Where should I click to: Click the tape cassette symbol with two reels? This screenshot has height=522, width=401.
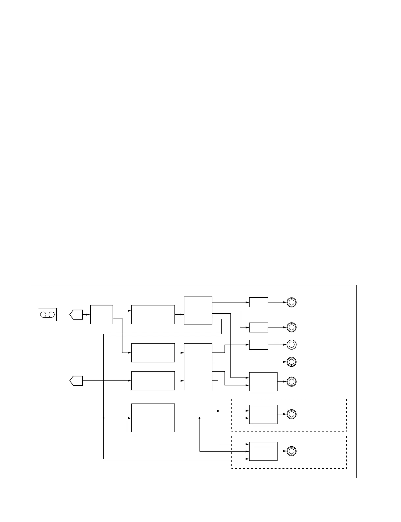[x=47, y=315]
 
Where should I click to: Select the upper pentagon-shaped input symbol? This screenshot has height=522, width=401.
[x=76, y=315]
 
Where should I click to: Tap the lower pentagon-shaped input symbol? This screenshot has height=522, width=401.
[x=76, y=381]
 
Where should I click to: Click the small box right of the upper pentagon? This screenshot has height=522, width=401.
[x=102, y=315]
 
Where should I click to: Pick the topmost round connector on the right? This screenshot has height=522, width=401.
[x=291, y=302]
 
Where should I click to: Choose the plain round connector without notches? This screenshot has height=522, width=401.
[x=291, y=345]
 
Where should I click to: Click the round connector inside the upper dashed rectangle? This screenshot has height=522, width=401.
[x=291, y=414]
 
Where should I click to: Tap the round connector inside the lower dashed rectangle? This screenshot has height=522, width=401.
[x=291, y=451]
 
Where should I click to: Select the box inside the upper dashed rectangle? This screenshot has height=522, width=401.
[x=263, y=414]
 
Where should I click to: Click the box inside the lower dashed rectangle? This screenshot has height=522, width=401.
[x=263, y=451]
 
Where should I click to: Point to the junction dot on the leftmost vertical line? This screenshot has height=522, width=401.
[x=103, y=418]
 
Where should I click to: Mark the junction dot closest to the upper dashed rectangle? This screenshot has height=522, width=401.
[x=218, y=411]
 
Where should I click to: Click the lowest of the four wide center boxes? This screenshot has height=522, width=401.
[x=153, y=418]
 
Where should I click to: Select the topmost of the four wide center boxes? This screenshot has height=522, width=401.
[x=153, y=315]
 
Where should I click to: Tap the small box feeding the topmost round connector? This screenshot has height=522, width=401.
[x=258, y=302]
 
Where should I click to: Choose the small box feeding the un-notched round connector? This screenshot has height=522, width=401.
[x=258, y=345]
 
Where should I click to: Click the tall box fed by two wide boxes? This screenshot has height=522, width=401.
[x=198, y=366]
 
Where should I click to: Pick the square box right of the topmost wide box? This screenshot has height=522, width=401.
[x=198, y=311]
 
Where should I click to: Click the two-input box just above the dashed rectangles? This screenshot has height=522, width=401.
[x=263, y=382]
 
